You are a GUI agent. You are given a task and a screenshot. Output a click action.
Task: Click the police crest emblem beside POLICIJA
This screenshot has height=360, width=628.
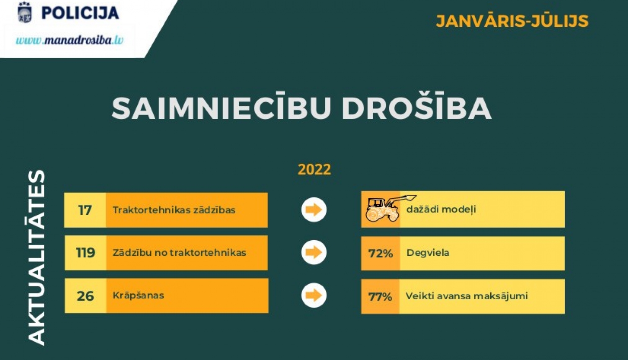point(25,12)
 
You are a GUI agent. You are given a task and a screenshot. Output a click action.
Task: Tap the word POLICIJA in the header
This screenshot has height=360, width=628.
point(80,13)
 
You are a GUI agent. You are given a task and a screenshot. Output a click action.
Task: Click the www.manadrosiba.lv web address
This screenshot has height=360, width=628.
point(69,40)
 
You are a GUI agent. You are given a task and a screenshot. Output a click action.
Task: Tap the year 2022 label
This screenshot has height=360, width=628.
point(314,170)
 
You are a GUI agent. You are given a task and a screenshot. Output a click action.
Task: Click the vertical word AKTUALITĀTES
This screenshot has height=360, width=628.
point(36,257)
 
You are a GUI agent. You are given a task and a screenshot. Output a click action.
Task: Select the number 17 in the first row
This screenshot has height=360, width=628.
point(85,210)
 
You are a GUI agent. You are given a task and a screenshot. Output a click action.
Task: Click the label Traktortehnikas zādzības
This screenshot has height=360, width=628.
point(174,210)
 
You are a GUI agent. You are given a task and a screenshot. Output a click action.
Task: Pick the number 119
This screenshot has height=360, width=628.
point(85,252)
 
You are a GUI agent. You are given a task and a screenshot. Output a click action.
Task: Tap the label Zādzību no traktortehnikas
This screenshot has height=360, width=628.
point(180,252)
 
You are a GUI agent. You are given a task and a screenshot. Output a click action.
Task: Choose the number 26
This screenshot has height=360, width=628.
point(85,296)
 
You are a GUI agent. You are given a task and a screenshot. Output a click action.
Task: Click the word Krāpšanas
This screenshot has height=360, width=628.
point(138,296)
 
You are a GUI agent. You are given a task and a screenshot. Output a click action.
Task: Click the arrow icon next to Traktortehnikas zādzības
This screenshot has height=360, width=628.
point(314,210)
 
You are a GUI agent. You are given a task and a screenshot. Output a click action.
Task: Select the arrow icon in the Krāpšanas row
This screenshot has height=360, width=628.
point(314,295)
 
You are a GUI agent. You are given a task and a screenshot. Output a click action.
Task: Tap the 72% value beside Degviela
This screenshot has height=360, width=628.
point(381,253)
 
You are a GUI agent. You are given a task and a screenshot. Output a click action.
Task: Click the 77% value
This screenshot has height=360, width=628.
point(380,297)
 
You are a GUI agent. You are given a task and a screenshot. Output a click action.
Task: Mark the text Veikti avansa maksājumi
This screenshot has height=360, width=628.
point(467,296)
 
